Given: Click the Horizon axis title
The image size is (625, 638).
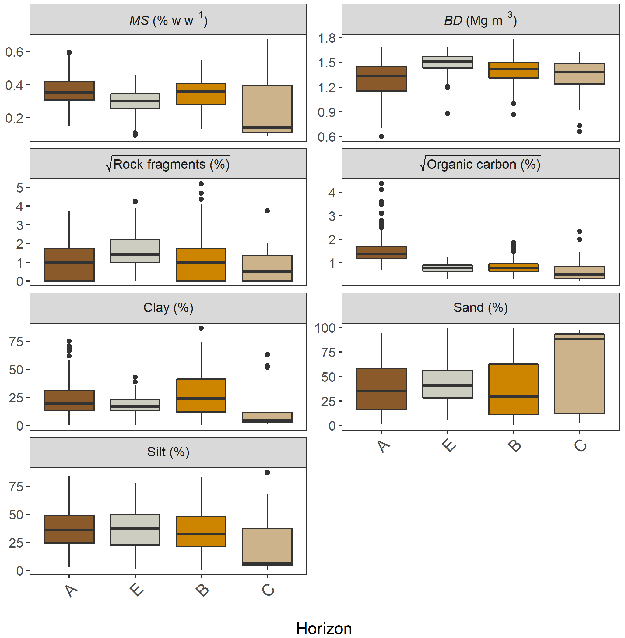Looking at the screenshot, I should click(324, 629).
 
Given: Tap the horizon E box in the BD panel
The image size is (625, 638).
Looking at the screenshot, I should click(447, 62).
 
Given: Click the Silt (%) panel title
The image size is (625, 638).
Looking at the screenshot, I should click(168, 452).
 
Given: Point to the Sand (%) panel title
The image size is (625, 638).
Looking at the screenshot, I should click(480, 308).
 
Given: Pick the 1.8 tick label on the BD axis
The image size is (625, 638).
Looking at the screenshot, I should click(327, 38).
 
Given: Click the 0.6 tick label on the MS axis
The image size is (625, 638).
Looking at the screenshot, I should click(14, 52).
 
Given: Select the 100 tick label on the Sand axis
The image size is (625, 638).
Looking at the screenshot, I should click(325, 328).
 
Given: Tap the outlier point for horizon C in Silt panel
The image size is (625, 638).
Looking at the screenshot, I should click(267, 473).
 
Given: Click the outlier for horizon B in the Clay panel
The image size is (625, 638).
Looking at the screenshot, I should click(201, 328).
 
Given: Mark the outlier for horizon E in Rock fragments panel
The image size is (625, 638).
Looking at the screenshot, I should click(135, 201).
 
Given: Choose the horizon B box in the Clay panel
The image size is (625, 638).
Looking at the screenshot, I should click(201, 395).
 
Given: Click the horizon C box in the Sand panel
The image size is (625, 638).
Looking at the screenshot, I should click(579, 374).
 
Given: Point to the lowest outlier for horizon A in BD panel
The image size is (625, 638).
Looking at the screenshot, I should click(381, 136).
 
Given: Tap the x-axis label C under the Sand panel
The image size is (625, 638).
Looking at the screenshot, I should click(580, 446).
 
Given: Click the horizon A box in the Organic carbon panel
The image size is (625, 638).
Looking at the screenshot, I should click(381, 252).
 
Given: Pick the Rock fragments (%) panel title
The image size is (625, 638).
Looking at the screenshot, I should click(168, 164).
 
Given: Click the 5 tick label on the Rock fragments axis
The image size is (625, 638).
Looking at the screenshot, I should click(20, 188).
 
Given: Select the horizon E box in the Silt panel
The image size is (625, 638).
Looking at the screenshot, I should click(135, 530).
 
